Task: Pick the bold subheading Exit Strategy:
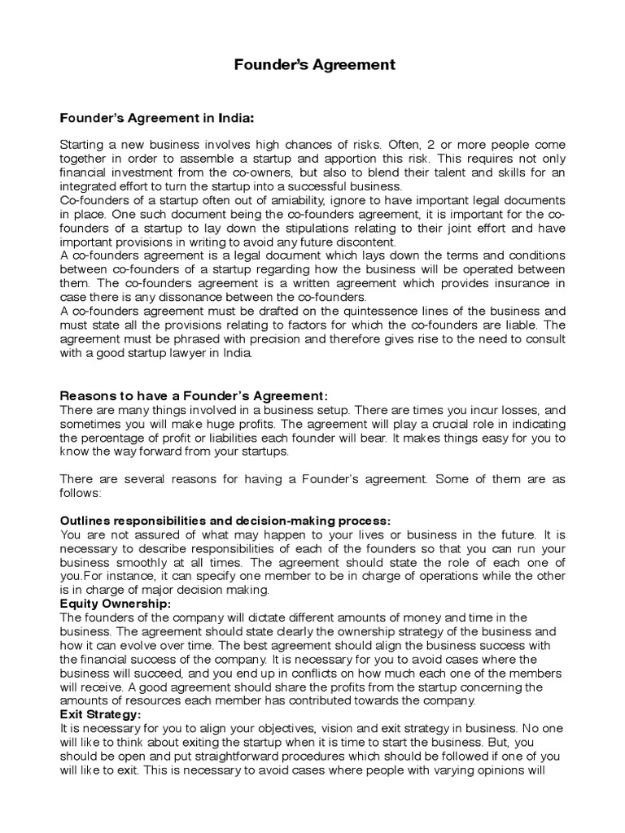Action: point(101,713)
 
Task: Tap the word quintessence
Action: point(362,311)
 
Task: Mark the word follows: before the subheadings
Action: point(80,493)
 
